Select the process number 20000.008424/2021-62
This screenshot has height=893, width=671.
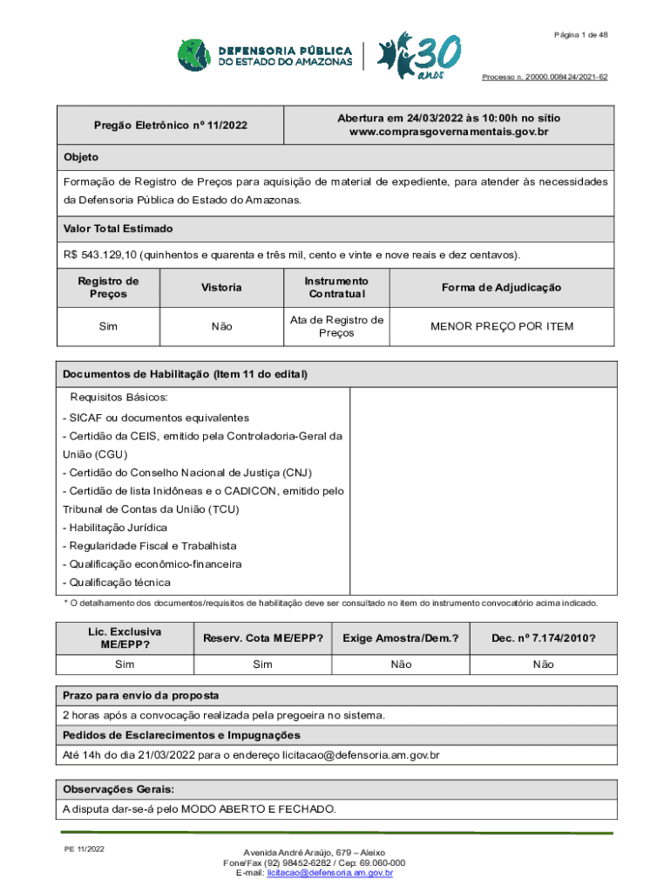(x=545, y=78)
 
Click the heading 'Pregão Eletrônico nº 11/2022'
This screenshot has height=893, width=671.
(x=171, y=126)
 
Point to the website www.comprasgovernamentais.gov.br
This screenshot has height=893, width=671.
(x=449, y=132)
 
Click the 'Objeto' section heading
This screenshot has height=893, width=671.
(x=80, y=157)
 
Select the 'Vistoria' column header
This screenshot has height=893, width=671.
(x=221, y=288)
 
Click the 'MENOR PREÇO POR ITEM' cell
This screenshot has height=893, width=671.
(x=501, y=326)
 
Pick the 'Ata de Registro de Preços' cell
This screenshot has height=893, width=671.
(x=336, y=326)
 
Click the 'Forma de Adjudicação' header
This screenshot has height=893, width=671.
(x=501, y=288)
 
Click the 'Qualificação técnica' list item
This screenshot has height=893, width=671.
(x=117, y=583)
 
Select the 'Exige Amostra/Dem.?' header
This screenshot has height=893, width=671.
(x=401, y=638)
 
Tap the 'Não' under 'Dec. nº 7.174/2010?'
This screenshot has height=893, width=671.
(x=542, y=665)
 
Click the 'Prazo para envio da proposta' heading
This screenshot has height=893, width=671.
(x=140, y=695)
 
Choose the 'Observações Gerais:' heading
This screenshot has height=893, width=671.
(x=119, y=789)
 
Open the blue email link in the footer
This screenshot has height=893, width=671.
(x=330, y=873)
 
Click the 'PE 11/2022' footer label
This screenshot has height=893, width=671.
(x=84, y=849)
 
